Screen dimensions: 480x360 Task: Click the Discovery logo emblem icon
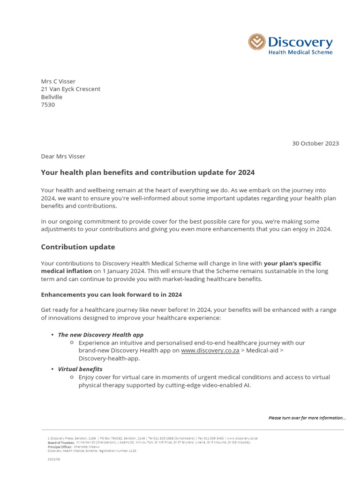(257, 42)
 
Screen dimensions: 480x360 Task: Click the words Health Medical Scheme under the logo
(300, 52)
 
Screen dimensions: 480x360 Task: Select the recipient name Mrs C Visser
(58, 81)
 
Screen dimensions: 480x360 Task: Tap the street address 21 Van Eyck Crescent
(70, 89)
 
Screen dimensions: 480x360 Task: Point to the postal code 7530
(48, 105)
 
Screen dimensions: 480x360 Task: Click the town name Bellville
(52, 97)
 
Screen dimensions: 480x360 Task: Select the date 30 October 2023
(315, 143)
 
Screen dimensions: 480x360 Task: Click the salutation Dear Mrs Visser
(63, 156)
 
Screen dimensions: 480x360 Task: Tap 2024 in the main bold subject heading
(246, 172)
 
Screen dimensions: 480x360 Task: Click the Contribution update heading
(78, 247)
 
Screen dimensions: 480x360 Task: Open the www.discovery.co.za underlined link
(210, 351)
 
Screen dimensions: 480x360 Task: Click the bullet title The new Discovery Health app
(100, 335)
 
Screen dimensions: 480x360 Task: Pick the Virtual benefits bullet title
(80, 369)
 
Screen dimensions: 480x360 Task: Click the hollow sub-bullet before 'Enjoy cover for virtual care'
(71, 377)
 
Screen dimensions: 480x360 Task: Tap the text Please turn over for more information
(307, 418)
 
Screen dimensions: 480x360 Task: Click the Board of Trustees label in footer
(61, 442)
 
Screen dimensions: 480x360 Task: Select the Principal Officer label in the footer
(60, 447)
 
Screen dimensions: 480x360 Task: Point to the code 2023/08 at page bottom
(54, 459)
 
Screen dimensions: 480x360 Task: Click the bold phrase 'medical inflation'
(66, 271)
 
